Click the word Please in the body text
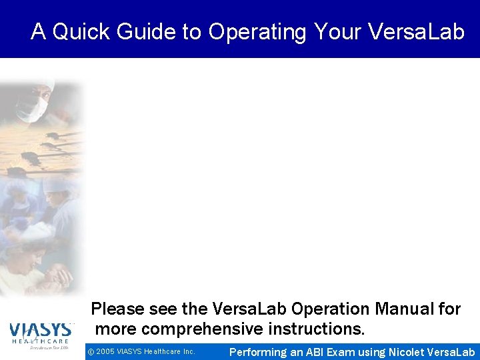[117, 309]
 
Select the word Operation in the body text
[331, 309]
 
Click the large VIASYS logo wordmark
[40, 330]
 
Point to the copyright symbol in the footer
[91, 351]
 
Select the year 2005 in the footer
[107, 351]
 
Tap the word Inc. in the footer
[189, 351]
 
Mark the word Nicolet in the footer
[407, 352]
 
